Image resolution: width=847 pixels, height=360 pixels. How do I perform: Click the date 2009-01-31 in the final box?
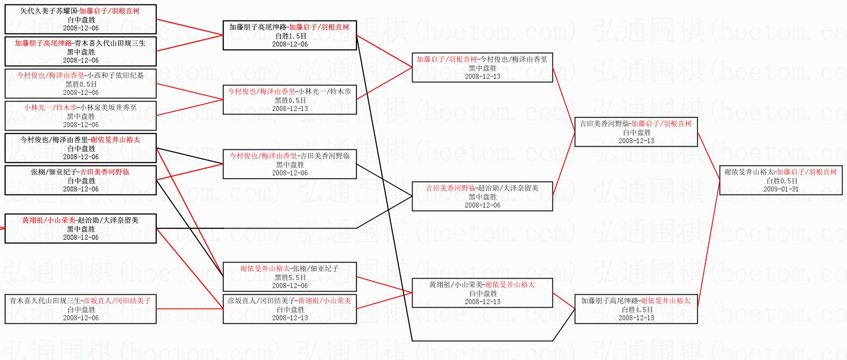pyautogui.click(x=781, y=189)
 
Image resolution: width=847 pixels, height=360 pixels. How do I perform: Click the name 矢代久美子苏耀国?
pyautogui.click(x=43, y=11)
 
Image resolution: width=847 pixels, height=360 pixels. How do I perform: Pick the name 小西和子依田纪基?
pyautogui.click(x=115, y=76)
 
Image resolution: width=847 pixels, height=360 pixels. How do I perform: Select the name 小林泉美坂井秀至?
pyautogui.click(x=109, y=108)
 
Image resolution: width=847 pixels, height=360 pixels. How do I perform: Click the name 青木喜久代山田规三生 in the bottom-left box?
pyautogui.click(x=46, y=301)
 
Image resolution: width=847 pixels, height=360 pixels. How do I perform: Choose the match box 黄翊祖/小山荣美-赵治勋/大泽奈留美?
pyautogui.click(x=80, y=229)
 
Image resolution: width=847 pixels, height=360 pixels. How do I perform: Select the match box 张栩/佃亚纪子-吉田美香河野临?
pyautogui.click(x=80, y=180)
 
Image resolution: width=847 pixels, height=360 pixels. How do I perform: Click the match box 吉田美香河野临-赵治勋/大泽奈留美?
pyautogui.click(x=482, y=196)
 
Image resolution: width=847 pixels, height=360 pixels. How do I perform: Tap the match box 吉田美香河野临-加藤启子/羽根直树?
pyautogui.click(x=636, y=132)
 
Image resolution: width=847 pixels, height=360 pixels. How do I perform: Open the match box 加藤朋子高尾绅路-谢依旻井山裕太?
pyautogui.click(x=636, y=309)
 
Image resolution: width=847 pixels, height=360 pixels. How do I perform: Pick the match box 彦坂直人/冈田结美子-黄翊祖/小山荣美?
pyautogui.click(x=290, y=309)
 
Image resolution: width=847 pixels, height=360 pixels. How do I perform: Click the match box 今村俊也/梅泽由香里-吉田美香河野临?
pyautogui.click(x=290, y=164)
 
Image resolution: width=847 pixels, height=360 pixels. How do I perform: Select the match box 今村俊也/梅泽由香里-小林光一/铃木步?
pyautogui.click(x=290, y=100)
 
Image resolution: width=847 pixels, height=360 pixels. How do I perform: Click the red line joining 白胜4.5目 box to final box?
pyautogui.click(x=708, y=244)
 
